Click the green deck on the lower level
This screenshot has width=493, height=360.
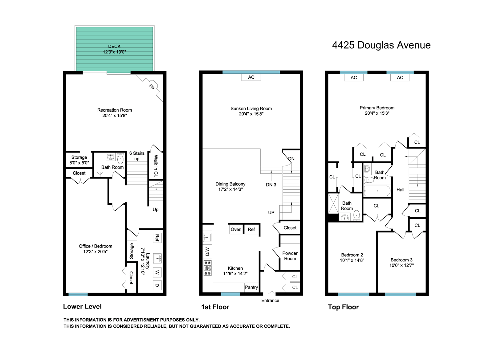pos(114,49)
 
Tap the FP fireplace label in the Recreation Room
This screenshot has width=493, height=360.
pos(151,87)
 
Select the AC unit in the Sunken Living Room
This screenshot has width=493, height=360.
pos(251,77)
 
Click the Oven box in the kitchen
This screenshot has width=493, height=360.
pos(236,229)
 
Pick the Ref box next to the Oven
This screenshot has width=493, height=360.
pos(251,229)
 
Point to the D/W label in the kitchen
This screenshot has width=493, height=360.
pos(207,252)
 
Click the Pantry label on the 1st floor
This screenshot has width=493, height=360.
pos(251,287)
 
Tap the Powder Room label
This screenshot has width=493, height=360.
pos(290,256)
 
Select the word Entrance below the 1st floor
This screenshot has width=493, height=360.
pos(270,300)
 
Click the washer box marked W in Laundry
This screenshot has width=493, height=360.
pos(157,272)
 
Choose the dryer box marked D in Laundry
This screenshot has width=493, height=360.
pos(157,285)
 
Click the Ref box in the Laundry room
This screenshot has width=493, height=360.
pos(157,238)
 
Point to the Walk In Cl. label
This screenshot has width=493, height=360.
pos(156,166)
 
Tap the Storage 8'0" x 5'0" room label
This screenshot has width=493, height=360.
pos(79,160)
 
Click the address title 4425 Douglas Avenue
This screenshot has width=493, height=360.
pos(381,45)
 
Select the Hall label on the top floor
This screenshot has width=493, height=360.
pos(400,190)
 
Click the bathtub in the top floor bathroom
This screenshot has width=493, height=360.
pos(377,191)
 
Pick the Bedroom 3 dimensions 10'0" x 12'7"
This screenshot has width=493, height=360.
pos(401,265)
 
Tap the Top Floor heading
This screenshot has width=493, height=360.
pos(343,307)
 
